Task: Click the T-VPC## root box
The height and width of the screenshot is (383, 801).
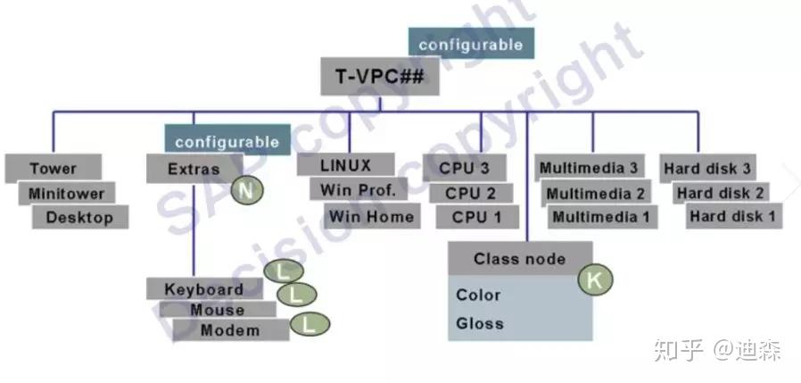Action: point(381,76)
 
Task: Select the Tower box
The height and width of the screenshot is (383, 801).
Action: point(53,168)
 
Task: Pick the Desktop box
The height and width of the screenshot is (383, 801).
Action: point(79,217)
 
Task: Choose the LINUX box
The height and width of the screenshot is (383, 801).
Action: point(345,165)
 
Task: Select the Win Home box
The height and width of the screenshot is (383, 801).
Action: point(371,215)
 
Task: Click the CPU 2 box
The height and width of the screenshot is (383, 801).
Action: point(469,192)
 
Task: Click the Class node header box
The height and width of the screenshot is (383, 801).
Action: point(519,259)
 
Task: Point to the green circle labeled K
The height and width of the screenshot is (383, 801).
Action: point(596,279)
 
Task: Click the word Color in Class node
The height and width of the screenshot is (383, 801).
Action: point(478,295)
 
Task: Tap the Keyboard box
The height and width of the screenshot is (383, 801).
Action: point(203,289)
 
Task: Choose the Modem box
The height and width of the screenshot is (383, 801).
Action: point(229,330)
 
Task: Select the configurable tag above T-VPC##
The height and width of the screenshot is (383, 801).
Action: point(471,44)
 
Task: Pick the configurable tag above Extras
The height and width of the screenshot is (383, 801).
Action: point(227,141)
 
